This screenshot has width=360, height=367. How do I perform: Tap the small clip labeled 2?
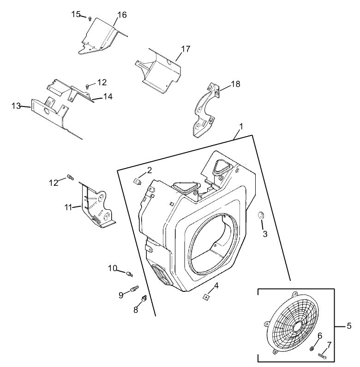tap(137, 181)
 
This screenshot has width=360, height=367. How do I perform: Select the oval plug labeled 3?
tap(261, 215)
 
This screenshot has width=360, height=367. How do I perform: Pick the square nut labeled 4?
tap(205, 297)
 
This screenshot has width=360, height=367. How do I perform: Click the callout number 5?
tap(349, 326)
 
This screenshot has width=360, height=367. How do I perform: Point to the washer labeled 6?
tap(312, 347)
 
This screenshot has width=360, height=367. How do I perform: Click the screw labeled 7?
tap(322, 355)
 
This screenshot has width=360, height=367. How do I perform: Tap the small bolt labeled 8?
tap(144, 299)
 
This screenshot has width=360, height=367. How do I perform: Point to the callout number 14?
tap(108, 96)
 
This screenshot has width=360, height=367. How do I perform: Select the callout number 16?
tap(121, 15)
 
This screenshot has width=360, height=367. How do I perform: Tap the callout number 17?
tap(186, 49)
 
